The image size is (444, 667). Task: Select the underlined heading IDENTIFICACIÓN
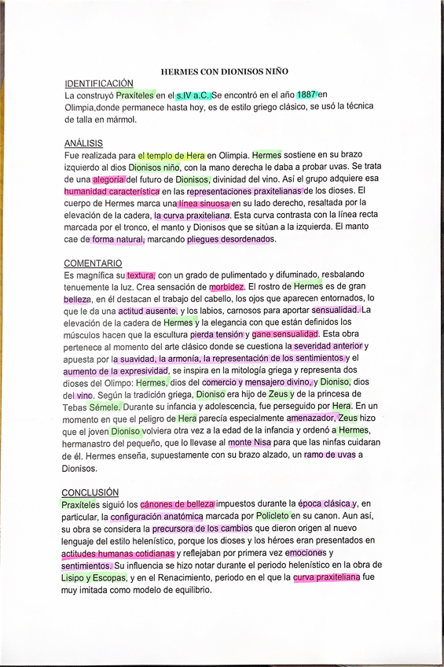(98, 83)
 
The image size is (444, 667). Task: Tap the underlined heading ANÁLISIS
(83, 143)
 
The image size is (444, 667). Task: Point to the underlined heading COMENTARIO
(93, 263)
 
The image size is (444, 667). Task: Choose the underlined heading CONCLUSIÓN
(91, 492)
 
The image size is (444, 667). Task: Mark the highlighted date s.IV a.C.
(193, 95)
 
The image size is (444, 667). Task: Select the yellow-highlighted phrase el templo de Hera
(171, 156)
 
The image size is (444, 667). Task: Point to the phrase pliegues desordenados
(228, 239)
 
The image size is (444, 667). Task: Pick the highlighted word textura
(141, 275)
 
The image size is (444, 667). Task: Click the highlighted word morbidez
(227, 287)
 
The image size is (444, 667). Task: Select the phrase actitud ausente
(148, 311)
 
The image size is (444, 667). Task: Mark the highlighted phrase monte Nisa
(250, 443)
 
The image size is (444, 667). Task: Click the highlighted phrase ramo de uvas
(329, 455)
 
